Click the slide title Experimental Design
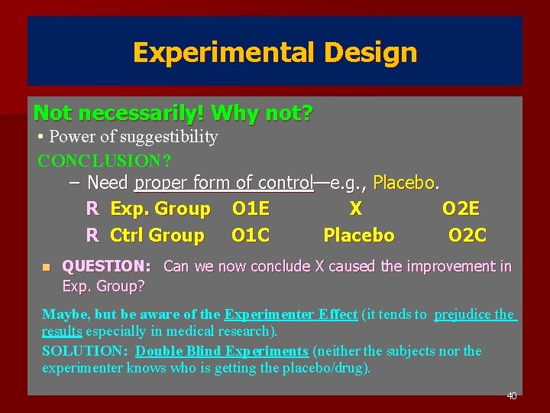click(275, 52)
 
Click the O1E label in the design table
click(251, 209)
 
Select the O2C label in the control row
click(467, 236)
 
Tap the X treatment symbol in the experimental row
click(355, 209)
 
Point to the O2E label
click(461, 209)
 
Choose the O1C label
click(251, 236)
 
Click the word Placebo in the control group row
click(359, 236)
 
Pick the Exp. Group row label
click(160, 209)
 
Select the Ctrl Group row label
click(157, 236)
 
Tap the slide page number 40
click(512, 395)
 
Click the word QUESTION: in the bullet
click(106, 266)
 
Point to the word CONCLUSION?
click(105, 161)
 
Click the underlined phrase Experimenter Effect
click(291, 314)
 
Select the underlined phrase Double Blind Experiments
click(222, 351)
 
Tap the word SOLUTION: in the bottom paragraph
click(86, 351)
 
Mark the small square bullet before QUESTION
click(46, 267)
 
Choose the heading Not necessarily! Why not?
click(173, 114)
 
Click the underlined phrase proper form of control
click(224, 184)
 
